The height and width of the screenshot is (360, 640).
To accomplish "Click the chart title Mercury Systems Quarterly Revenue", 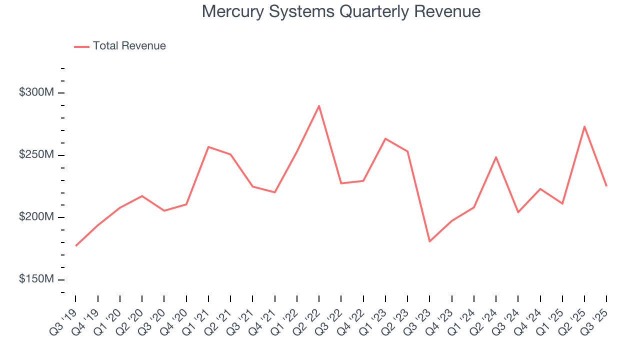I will coord(341,11).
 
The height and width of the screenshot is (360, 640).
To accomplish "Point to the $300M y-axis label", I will coord(36,93).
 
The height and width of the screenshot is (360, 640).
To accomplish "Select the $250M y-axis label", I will coord(36,155).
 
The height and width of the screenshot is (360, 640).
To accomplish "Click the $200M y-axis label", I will coord(36,217).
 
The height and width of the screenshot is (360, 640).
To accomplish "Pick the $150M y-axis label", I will coord(36,279).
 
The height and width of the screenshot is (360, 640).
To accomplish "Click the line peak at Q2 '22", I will coord(318,105).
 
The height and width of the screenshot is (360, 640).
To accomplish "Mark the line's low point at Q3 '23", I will coord(429,241).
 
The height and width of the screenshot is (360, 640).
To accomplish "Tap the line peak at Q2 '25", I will coord(584,126).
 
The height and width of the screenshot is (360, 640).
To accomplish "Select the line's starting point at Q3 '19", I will coord(76,245).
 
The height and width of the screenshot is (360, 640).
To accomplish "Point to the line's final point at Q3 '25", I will coord(606,186).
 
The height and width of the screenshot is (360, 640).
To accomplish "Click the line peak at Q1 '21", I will coord(208,147).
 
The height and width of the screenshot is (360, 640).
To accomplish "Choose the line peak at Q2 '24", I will coord(495,157).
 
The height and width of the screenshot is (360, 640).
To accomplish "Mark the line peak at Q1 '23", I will coord(385,138).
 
